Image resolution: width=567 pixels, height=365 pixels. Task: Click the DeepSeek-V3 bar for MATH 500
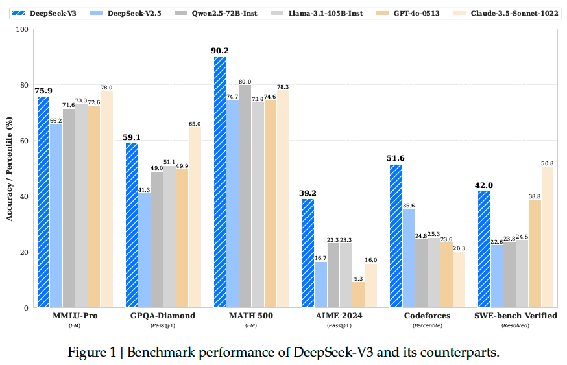220,182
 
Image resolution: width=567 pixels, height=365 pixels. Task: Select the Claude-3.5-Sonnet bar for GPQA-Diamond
195,217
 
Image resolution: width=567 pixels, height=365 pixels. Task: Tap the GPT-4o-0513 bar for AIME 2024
358,294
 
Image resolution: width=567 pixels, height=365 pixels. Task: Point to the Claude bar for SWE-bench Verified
548,237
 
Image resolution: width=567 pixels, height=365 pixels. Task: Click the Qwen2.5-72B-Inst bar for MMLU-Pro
69,207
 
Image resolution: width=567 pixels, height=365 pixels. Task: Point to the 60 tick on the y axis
23,141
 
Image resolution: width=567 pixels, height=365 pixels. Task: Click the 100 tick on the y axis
21,29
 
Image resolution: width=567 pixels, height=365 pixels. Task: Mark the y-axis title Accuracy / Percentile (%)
9,169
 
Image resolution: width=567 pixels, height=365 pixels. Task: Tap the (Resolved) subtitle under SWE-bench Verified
516,325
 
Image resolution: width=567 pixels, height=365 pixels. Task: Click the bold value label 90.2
220,51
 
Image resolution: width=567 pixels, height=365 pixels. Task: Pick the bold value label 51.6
396,158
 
